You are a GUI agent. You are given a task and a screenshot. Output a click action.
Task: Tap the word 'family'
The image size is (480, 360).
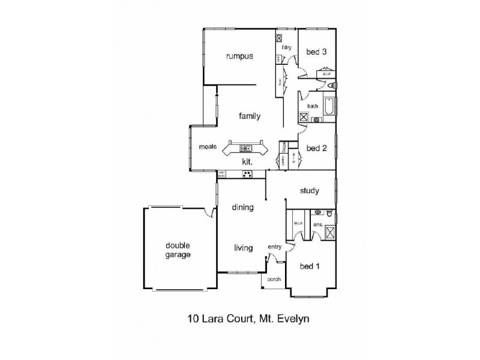249,116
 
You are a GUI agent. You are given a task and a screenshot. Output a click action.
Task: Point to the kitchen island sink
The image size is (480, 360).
246,148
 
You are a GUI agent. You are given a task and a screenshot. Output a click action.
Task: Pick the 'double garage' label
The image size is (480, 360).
178,250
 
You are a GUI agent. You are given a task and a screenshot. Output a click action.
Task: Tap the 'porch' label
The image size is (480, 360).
274,280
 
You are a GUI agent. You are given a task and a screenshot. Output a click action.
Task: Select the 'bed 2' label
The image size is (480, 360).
316,148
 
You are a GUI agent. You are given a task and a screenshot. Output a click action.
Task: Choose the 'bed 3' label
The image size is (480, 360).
316,52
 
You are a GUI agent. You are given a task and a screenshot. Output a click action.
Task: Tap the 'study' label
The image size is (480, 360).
310,191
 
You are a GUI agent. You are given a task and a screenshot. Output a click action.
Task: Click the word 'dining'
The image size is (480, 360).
243,208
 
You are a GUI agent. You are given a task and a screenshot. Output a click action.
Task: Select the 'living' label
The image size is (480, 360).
243,248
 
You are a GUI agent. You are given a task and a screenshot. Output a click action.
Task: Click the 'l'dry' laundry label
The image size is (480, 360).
286,47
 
